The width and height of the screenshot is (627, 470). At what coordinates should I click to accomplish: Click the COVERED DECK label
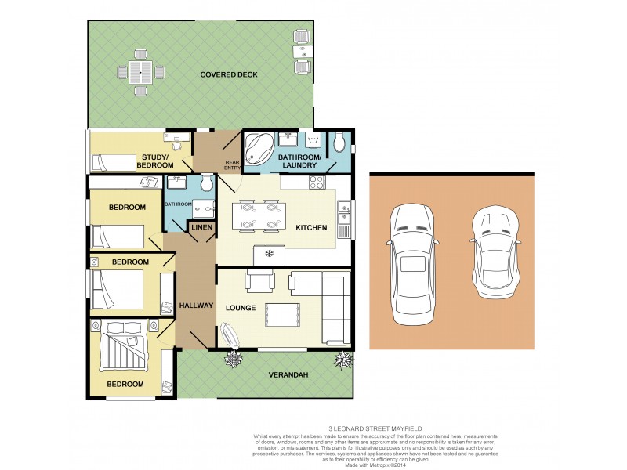coord(229,74)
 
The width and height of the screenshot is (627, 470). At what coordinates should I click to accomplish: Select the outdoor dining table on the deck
coord(141,72)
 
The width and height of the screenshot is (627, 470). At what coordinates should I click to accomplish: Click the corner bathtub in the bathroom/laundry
coord(259,146)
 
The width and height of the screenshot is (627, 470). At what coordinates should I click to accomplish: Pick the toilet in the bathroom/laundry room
coord(339,143)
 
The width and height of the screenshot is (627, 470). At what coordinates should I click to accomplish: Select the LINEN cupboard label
coord(201,227)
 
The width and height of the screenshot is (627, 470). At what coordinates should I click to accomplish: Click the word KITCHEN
coord(311,227)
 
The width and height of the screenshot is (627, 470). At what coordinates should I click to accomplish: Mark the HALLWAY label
coord(196,305)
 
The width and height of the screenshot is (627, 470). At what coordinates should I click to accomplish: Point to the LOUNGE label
coord(241,308)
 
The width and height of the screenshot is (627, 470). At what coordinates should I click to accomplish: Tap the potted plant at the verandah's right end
coord(343,360)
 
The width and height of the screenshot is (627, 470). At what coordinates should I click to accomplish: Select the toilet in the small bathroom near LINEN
coord(206,183)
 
